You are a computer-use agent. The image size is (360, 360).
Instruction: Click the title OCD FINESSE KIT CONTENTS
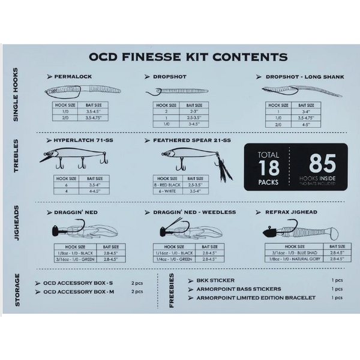coord(188,58)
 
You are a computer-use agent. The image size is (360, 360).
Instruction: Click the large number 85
coord(322,163)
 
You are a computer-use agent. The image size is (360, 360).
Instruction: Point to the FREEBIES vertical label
coord(172,292)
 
